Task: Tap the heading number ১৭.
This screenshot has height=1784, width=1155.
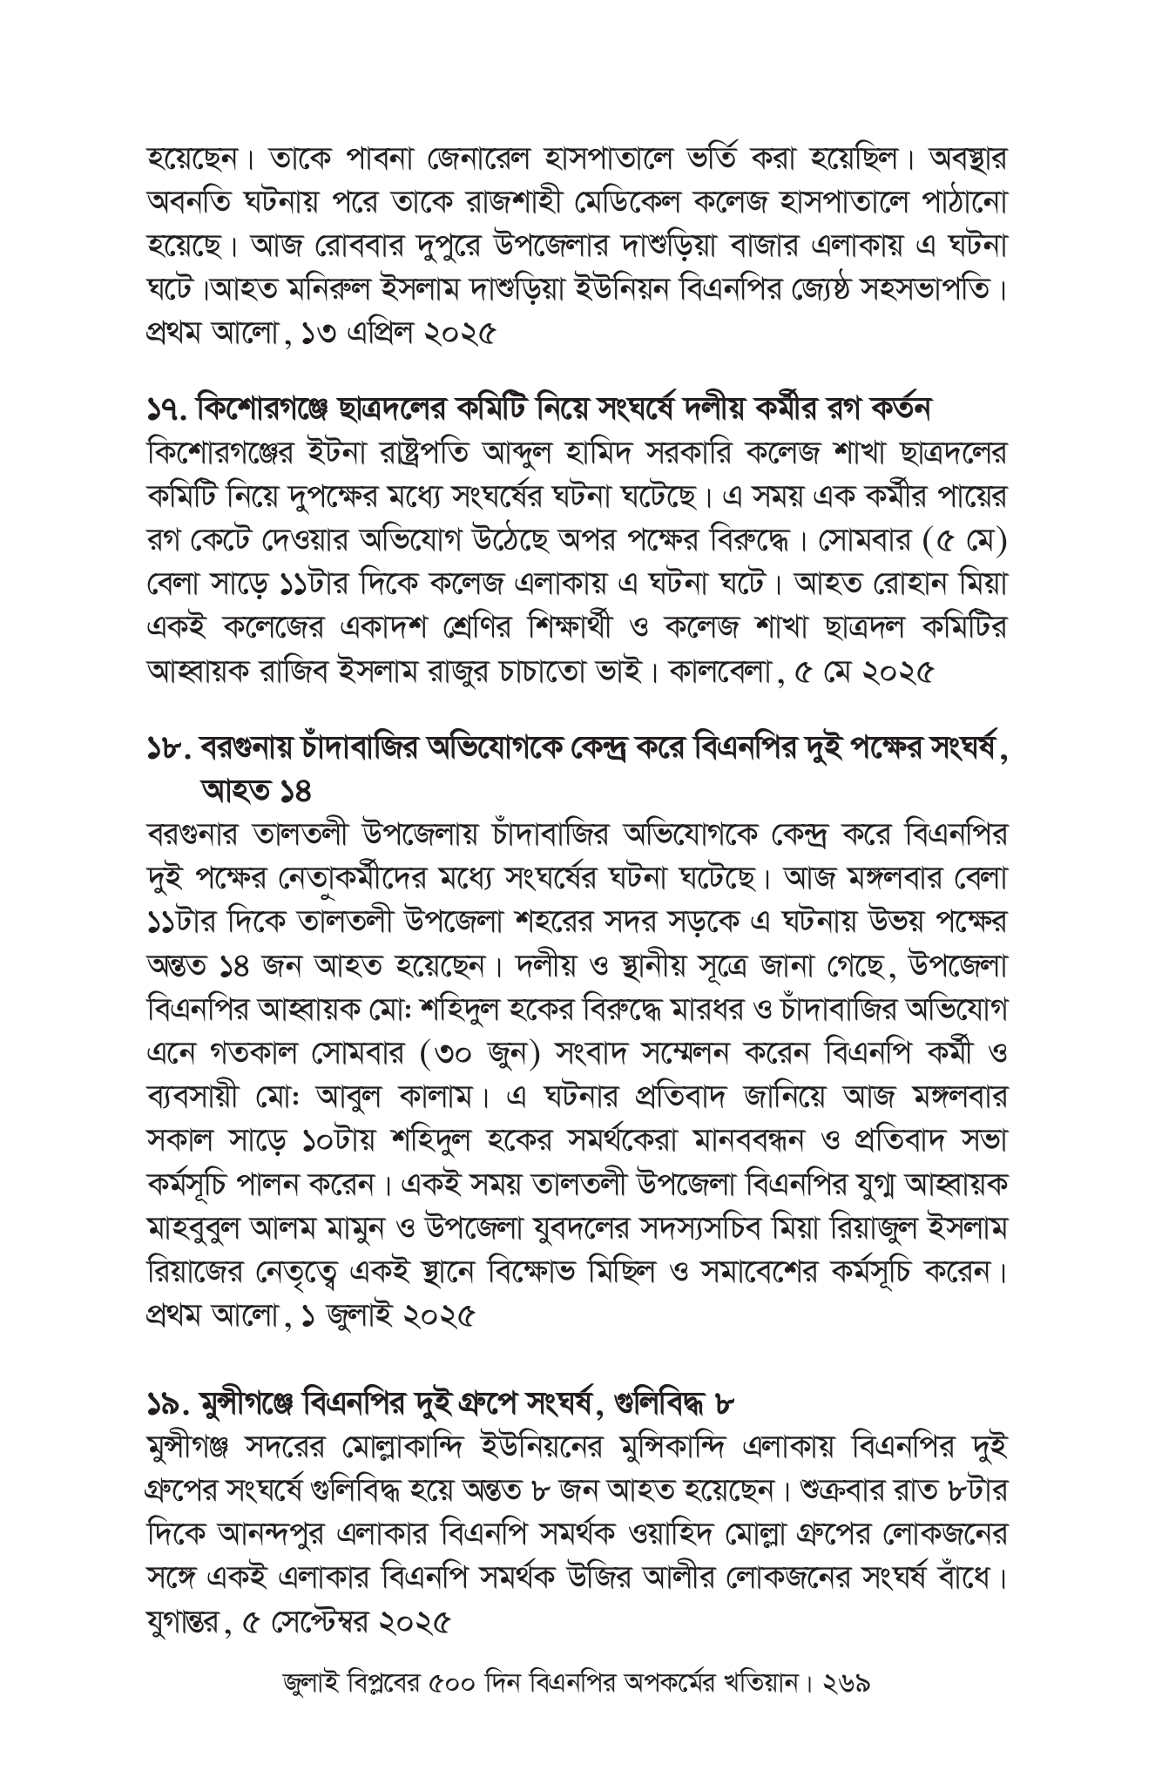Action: pos(165,408)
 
